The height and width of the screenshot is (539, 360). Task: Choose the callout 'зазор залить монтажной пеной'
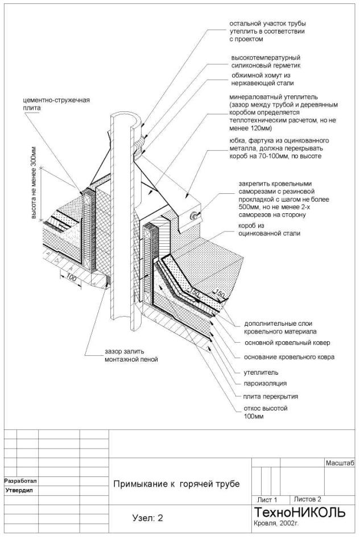point(130,355)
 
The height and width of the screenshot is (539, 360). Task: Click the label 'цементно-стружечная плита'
point(52,105)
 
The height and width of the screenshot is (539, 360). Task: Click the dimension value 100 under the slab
point(71,278)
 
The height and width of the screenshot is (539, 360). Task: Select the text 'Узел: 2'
point(147,518)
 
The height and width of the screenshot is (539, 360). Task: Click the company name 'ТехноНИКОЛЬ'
point(299,512)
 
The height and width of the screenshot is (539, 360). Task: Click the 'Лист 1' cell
point(267,499)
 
